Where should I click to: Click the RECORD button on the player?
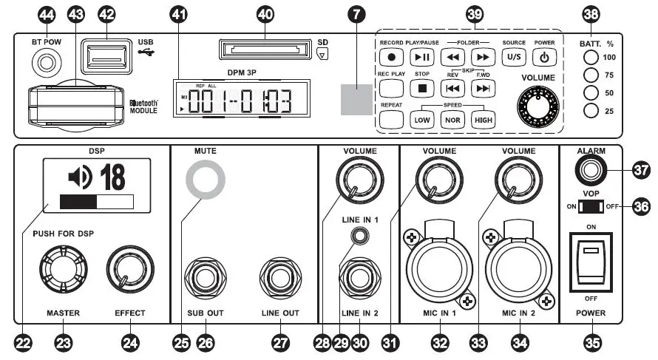click(392, 57)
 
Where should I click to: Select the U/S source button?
click(514, 57)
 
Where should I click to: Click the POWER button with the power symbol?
click(544, 57)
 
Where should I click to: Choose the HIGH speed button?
click(483, 120)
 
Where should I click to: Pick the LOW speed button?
click(423, 120)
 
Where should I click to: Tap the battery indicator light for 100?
click(590, 58)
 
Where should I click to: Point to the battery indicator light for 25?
click(590, 111)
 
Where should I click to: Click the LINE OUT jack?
click(279, 279)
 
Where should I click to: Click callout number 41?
click(178, 14)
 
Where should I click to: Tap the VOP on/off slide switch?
click(591, 206)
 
